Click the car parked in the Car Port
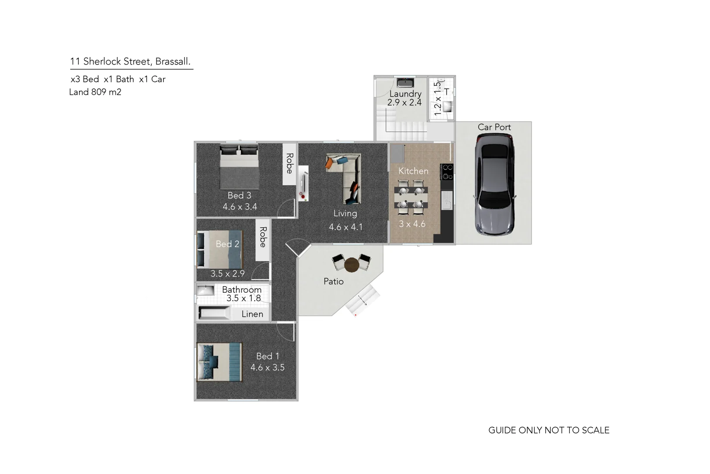click(x=495, y=184)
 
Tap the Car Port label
click(x=494, y=127)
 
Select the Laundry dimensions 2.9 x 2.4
click(x=404, y=103)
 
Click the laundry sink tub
click(x=405, y=83)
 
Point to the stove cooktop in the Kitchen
click(x=447, y=172)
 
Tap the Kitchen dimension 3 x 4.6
click(x=412, y=224)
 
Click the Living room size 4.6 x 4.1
click(x=345, y=227)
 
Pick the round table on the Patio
click(x=351, y=265)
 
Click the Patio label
click(x=333, y=281)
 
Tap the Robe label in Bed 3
click(x=289, y=163)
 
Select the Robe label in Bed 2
click(x=263, y=237)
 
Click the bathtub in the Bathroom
click(x=214, y=313)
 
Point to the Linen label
click(x=252, y=314)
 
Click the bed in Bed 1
click(x=219, y=362)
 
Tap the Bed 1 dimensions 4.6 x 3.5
click(x=267, y=368)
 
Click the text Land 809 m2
click(x=95, y=92)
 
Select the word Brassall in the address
click(x=173, y=61)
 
